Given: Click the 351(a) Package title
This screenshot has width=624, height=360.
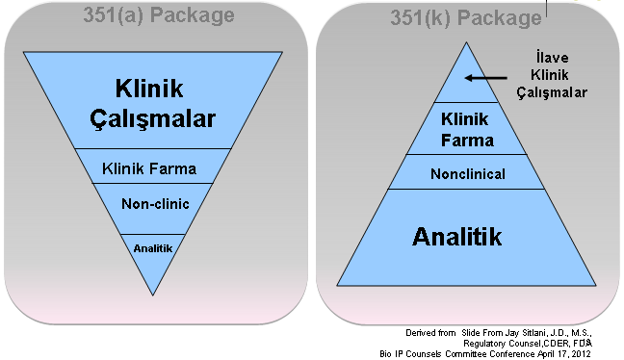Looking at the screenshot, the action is coord(159,16).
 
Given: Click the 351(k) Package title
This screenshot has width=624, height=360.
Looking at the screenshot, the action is coord(466,18).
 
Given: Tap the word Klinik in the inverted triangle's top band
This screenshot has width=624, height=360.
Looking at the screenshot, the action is coord(149,89).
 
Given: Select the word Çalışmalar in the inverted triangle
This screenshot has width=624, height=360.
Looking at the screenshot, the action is coord(153,118).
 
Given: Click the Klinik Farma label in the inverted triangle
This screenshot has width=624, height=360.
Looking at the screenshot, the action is coord(149,168).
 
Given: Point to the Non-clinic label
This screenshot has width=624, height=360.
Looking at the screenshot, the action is coord(155,204).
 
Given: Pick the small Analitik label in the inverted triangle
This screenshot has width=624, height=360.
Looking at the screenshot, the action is coord(153,248).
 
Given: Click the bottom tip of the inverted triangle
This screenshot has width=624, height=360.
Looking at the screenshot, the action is coord(153,296).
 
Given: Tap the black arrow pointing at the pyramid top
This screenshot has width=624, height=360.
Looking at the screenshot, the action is coord(486,78).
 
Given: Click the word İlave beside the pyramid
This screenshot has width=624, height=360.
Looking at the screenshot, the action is coord(552,58).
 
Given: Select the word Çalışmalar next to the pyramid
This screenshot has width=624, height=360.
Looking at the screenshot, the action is coord(552,92).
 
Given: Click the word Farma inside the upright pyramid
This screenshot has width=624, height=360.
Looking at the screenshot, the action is coord(468,141).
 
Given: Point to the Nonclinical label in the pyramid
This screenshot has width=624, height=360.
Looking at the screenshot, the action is coord(468,174).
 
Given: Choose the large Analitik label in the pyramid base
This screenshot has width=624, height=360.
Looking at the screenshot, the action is coord(456,237).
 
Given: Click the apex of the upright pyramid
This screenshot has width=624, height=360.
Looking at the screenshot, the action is coord(466,42).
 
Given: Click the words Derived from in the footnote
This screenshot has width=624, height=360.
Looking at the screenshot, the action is coord(430,333).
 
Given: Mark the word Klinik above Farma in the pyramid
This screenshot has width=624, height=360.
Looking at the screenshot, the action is coord(464,119).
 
